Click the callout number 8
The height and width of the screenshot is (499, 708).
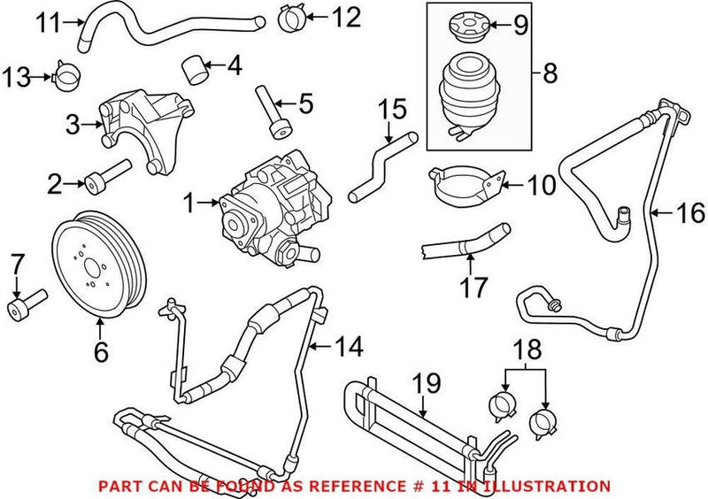[550, 73]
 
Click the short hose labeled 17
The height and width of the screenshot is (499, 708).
[461, 240]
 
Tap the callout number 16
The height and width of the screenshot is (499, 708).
[691, 213]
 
